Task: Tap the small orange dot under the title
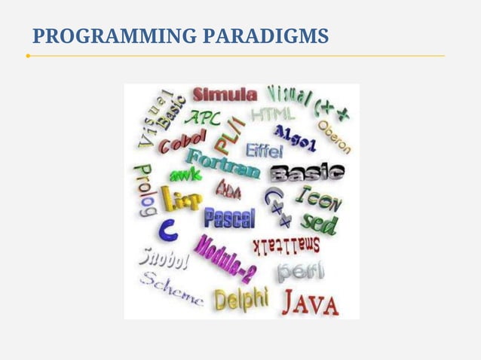28,56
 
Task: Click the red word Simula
225,94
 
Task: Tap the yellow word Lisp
182,199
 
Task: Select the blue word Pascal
229,218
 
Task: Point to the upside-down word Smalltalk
286,245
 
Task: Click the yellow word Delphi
240,299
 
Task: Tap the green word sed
319,222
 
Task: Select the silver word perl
299,270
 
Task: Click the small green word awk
185,175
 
